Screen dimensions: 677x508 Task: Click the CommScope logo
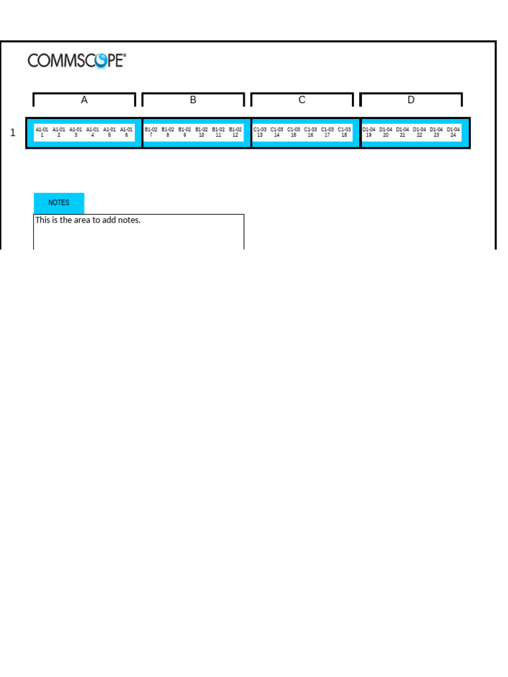76,61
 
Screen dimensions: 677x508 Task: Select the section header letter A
84,100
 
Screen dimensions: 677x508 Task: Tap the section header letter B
193,100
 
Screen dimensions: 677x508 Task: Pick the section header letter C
302,100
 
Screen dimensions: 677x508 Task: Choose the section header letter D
411,100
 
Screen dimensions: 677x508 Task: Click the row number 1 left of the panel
13,133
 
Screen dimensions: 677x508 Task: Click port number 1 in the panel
42,135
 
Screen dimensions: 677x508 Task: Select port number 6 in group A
126,135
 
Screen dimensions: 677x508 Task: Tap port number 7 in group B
151,135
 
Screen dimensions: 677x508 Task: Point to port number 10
202,135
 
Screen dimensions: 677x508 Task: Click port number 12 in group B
235,135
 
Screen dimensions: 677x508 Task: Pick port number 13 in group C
260,135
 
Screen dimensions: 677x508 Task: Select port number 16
310,135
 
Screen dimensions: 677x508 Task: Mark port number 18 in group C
344,135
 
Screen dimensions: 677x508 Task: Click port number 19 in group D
369,135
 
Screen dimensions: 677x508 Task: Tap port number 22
419,135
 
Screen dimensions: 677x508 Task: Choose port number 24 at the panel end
453,135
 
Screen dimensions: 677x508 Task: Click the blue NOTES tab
59,203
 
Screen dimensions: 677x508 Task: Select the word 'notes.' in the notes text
129,220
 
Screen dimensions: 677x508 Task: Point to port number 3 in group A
75,135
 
